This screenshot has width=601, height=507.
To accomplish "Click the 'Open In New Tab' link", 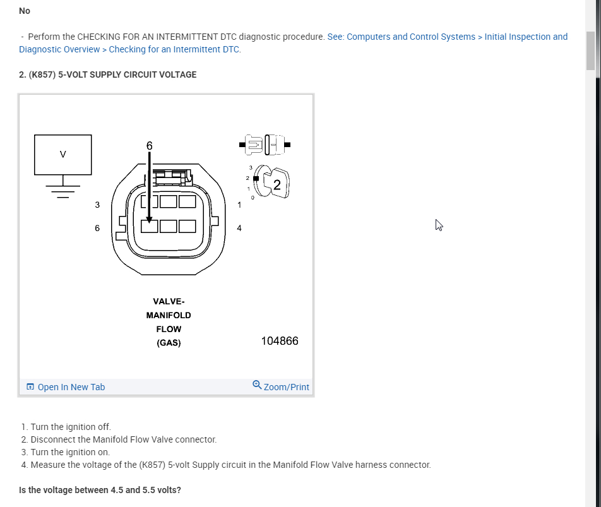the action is (x=66, y=387).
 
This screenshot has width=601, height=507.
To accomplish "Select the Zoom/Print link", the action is (x=281, y=386).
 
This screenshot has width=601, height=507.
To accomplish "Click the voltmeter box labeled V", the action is (x=62, y=154).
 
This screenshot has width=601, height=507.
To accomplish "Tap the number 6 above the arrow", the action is (x=150, y=146).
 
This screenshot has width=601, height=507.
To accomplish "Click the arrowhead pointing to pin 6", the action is (x=150, y=220).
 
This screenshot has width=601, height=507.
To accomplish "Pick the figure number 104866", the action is (x=280, y=341).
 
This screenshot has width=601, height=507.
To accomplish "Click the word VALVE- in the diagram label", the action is (x=169, y=301).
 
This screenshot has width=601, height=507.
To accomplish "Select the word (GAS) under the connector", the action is (x=169, y=343).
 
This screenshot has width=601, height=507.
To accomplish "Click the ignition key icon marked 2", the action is (x=275, y=184).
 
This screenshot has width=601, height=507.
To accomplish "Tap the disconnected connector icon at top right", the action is (x=265, y=145).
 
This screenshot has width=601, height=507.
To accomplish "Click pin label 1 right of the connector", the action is (x=239, y=205).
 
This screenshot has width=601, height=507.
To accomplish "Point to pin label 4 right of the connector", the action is (x=239, y=228).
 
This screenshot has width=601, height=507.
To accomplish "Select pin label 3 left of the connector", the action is (x=97, y=205).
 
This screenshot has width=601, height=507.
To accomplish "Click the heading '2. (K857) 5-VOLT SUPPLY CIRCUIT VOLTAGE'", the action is (x=108, y=75).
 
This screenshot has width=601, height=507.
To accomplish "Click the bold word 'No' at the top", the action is (x=25, y=11).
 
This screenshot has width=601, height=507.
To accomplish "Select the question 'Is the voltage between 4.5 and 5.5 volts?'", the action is (x=100, y=490).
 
